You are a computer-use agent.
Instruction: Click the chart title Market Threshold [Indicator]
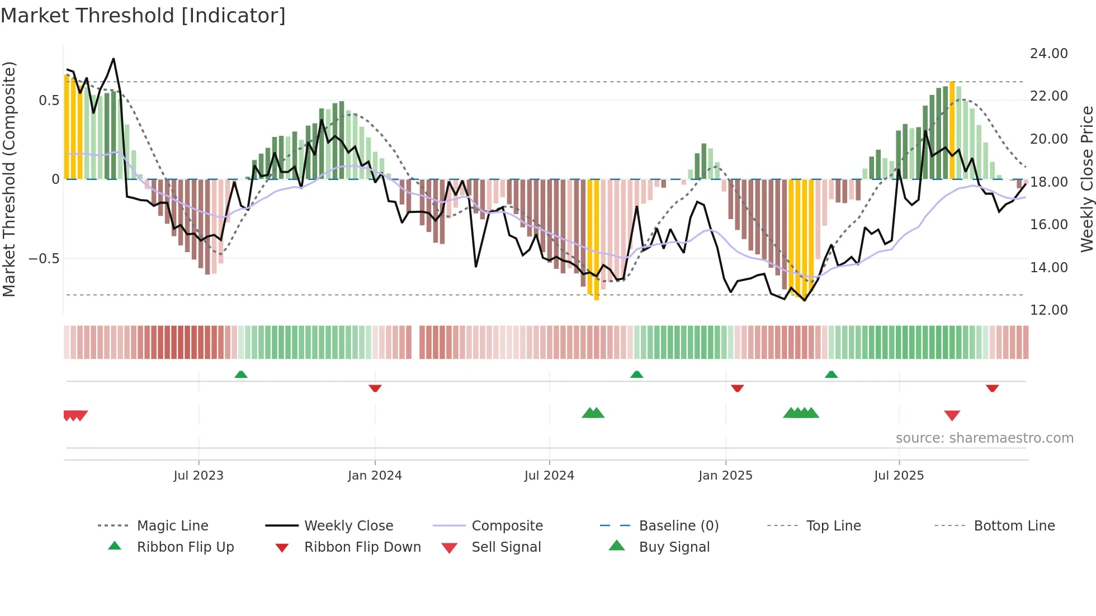click(143, 16)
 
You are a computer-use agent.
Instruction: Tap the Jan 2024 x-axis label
click(375, 476)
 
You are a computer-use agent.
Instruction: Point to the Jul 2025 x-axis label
click(899, 476)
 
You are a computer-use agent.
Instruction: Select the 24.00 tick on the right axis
click(1048, 54)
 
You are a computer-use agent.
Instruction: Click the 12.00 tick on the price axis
click(1048, 310)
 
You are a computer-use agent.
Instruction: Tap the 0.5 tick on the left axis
click(49, 101)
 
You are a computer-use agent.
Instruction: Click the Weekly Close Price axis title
click(1086, 179)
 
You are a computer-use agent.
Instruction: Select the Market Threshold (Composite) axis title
click(9, 179)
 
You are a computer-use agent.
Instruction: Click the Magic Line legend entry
click(172, 526)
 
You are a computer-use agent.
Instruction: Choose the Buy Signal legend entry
click(674, 547)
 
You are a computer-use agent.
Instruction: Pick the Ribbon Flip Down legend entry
click(362, 547)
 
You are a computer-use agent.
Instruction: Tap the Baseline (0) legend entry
click(678, 526)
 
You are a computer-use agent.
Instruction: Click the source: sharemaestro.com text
click(984, 438)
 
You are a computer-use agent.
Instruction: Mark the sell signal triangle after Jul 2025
click(952, 415)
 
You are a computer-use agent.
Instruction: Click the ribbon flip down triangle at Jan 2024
click(375, 388)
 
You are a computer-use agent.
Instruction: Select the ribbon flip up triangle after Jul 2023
click(241, 375)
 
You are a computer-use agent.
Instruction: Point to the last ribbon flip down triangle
click(992, 388)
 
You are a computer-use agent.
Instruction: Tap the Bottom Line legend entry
click(1014, 526)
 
